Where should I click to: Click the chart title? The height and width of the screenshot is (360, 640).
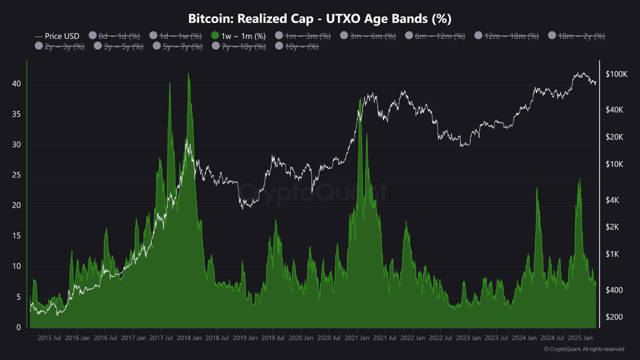(x=320, y=19)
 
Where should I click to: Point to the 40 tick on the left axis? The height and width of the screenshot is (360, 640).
(x=16, y=84)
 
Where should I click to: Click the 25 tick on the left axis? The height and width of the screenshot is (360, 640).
(x=16, y=175)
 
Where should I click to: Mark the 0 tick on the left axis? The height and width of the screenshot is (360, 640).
(x=19, y=327)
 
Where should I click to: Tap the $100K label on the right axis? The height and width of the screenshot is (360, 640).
(x=616, y=74)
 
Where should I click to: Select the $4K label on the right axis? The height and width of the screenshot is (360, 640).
(x=612, y=200)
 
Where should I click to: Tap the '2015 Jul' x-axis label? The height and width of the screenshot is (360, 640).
(x=49, y=338)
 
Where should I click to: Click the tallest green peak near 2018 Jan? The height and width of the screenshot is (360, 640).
(x=188, y=74)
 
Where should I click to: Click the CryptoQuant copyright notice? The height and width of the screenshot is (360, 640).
(x=583, y=349)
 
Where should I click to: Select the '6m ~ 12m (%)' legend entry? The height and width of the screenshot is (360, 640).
(x=440, y=36)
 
